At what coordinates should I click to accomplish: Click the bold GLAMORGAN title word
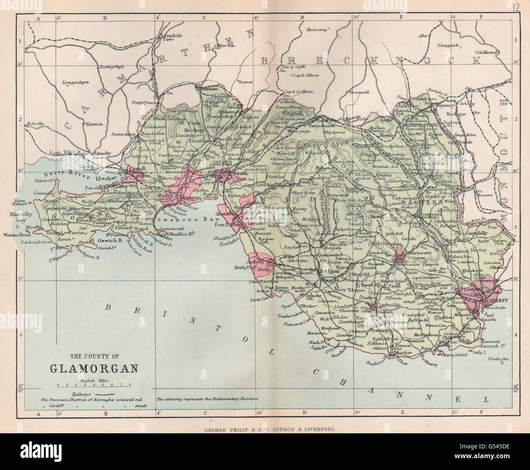click(93, 368)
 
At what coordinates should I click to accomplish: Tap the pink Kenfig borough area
click(260, 263)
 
